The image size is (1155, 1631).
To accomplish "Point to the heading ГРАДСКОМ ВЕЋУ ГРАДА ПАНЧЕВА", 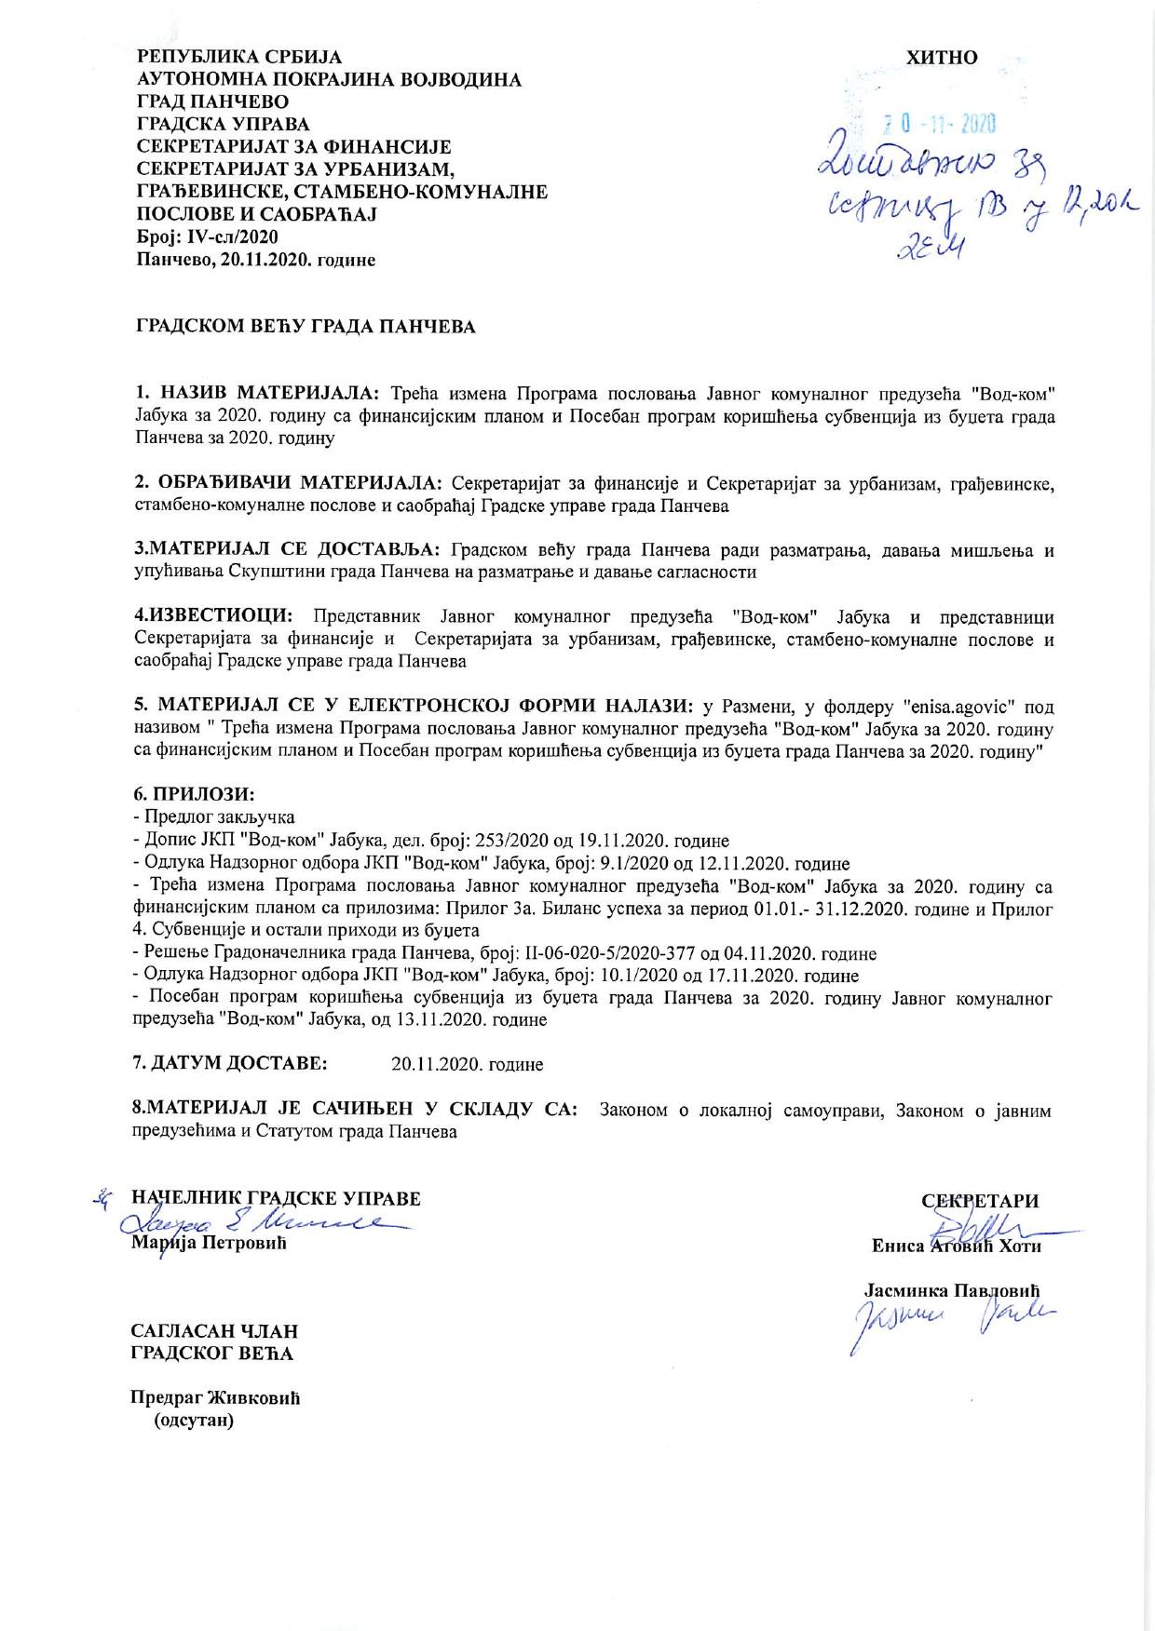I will coord(306,328).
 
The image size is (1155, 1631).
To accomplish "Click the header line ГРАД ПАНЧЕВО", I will coord(212,101).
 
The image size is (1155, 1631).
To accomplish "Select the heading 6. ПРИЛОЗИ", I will coord(195,795).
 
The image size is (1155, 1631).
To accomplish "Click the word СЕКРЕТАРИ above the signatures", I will coord(980,1201).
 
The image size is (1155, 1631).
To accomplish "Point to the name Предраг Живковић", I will coord(217,1399).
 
